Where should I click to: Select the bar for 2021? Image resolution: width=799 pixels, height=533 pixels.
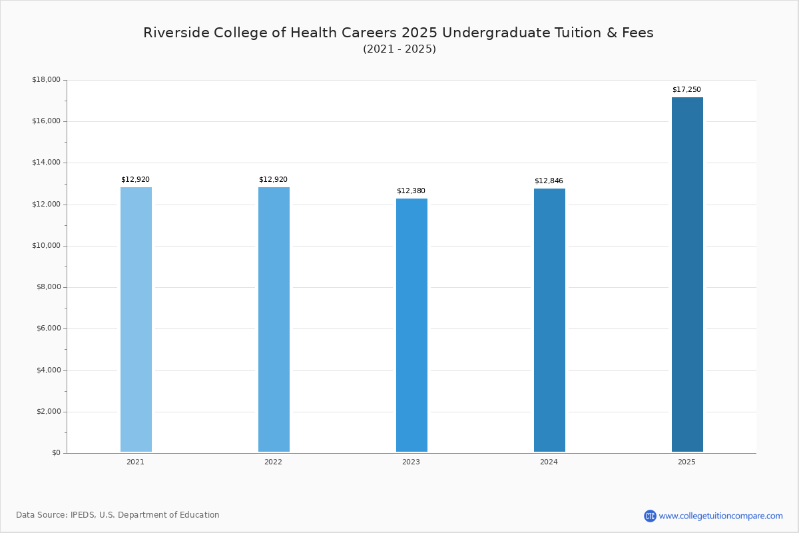136,320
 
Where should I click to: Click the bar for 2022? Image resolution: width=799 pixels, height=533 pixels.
274,320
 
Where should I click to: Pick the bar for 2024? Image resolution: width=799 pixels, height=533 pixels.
549,320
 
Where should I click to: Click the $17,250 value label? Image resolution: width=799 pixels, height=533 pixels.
686,90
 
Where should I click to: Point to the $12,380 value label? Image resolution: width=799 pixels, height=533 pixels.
411,191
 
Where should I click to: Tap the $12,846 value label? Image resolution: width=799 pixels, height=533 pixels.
549,181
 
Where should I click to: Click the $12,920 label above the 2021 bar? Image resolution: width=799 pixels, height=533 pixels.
135,180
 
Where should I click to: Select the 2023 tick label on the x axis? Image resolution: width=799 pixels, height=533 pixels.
411,462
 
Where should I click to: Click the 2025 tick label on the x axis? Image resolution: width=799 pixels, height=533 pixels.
686,462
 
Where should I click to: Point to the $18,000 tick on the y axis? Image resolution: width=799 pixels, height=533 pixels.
46,80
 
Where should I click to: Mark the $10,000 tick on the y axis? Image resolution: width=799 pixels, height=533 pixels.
46,246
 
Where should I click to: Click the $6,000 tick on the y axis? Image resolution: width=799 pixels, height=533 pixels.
48,328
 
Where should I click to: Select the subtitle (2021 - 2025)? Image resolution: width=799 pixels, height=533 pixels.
400,49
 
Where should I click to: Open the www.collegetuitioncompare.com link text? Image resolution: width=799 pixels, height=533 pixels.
721,516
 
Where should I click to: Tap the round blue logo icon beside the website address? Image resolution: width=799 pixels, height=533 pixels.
650,516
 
